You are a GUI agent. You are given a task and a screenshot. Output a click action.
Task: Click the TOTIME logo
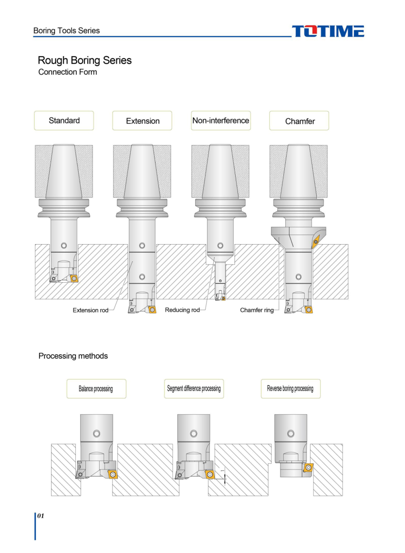(x=328, y=31)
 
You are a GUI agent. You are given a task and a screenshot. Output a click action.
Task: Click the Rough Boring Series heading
(x=84, y=61)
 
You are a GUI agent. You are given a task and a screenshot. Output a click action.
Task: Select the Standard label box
(x=64, y=121)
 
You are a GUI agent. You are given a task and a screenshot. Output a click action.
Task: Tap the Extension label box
(x=142, y=121)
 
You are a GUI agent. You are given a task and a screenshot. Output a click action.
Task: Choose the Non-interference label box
(x=221, y=121)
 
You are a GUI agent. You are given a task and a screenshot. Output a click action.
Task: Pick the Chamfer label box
(x=299, y=121)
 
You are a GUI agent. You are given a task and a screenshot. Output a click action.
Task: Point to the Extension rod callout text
(x=90, y=310)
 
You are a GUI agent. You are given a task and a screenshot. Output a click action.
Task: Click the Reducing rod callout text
(x=182, y=310)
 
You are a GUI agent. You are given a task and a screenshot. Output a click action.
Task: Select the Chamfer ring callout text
(x=257, y=310)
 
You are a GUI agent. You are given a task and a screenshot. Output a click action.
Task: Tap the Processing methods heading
(x=73, y=356)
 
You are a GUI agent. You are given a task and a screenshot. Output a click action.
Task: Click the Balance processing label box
(x=96, y=389)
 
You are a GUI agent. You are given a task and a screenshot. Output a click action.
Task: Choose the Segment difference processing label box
(x=194, y=389)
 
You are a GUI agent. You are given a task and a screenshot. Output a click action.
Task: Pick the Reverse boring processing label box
(x=291, y=389)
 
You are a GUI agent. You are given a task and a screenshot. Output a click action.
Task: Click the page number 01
(x=41, y=516)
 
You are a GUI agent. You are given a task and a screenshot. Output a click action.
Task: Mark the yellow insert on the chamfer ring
(x=316, y=242)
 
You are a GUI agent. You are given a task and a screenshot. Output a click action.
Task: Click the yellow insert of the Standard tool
(x=74, y=278)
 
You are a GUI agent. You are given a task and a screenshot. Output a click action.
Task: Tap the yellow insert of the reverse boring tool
(x=308, y=468)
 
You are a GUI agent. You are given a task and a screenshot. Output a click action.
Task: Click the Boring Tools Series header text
(x=66, y=31)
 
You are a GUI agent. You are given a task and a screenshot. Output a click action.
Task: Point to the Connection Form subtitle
(x=67, y=72)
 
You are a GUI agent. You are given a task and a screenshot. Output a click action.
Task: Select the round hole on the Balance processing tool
(x=96, y=433)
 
